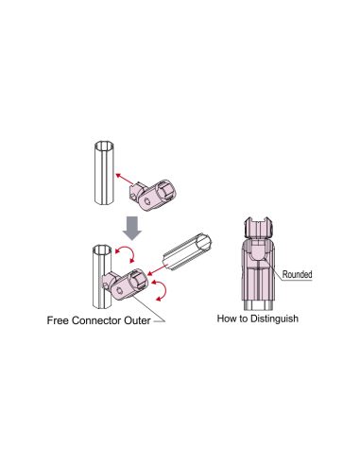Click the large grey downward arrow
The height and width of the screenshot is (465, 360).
132,228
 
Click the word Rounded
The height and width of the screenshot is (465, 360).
297,274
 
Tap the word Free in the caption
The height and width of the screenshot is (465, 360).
58,320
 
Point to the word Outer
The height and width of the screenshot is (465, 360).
137,320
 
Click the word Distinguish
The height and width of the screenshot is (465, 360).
274,319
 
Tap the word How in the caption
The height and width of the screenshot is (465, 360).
226,319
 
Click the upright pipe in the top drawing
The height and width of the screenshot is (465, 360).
104,173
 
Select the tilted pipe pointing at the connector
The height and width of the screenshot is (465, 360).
187,252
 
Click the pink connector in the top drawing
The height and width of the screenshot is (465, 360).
153,195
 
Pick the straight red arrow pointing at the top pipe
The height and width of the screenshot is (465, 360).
124,179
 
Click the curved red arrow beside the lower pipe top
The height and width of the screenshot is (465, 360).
126,253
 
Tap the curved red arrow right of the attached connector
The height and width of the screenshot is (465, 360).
161,290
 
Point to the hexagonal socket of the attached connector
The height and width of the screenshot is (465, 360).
138,278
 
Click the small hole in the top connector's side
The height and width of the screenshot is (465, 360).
147,201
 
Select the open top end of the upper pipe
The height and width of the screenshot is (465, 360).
104,146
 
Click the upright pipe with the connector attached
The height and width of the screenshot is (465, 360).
102,276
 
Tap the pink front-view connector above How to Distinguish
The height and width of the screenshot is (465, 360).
258,263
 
